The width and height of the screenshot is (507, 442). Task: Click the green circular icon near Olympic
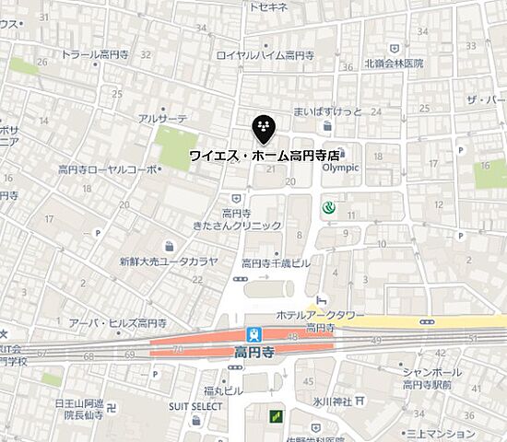327,209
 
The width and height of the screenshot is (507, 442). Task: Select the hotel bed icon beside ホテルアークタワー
322,299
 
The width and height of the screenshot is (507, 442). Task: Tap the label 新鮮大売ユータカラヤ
168,262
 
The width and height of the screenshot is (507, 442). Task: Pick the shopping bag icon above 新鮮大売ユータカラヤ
169,246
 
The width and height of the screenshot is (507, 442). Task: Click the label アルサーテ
161,118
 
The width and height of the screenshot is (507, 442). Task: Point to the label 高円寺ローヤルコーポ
107,169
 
